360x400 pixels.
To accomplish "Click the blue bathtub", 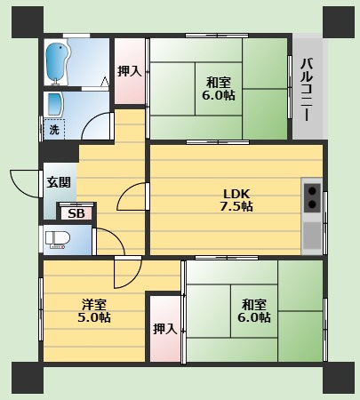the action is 58,62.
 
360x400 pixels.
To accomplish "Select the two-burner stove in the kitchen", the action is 312,197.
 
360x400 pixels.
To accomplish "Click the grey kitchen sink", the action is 312,236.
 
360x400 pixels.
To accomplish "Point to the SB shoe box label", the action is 76,213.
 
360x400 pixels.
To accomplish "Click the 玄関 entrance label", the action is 59,182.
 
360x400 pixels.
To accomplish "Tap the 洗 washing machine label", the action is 54,130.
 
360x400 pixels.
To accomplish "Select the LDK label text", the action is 236,194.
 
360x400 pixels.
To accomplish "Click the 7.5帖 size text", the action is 236,206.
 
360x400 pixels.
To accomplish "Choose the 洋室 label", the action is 94,304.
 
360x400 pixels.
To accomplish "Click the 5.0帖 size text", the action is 94,317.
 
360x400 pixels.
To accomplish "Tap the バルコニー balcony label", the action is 308,90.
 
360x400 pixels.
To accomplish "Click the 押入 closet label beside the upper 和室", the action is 130,71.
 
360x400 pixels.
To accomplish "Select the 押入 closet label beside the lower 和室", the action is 165,329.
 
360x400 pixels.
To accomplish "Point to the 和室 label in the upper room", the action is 219,83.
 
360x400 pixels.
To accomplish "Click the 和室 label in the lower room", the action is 254,304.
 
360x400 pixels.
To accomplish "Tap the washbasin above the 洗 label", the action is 54,104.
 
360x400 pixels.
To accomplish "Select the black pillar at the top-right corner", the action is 339,22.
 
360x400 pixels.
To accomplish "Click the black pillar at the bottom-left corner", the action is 28,378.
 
